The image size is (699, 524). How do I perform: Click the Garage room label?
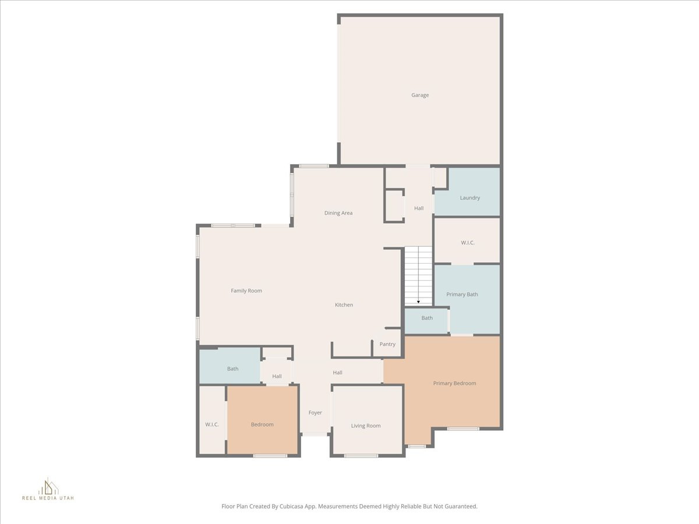(x=420, y=95)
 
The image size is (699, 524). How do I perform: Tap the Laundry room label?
(x=470, y=198)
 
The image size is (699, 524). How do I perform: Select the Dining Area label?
(x=338, y=213)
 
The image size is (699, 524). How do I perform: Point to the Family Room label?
(x=246, y=291)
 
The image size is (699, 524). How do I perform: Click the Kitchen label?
(x=344, y=305)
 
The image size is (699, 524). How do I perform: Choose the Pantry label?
(x=387, y=344)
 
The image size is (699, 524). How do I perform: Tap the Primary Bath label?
(x=462, y=295)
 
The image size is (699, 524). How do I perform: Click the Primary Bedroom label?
(x=454, y=383)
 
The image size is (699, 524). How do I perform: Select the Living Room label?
(x=366, y=426)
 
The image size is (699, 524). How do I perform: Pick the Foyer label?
(x=315, y=413)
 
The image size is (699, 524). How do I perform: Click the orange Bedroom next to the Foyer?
(x=262, y=424)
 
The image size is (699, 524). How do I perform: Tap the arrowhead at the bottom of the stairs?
(x=418, y=302)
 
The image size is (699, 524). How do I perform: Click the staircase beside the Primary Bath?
(x=418, y=274)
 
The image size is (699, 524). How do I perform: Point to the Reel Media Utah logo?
(x=48, y=490)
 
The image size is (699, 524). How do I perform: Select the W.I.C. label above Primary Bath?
(x=468, y=243)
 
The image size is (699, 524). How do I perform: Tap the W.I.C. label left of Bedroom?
(x=212, y=424)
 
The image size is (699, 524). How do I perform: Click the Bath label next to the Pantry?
(x=427, y=318)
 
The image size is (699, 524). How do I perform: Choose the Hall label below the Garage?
(x=419, y=208)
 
